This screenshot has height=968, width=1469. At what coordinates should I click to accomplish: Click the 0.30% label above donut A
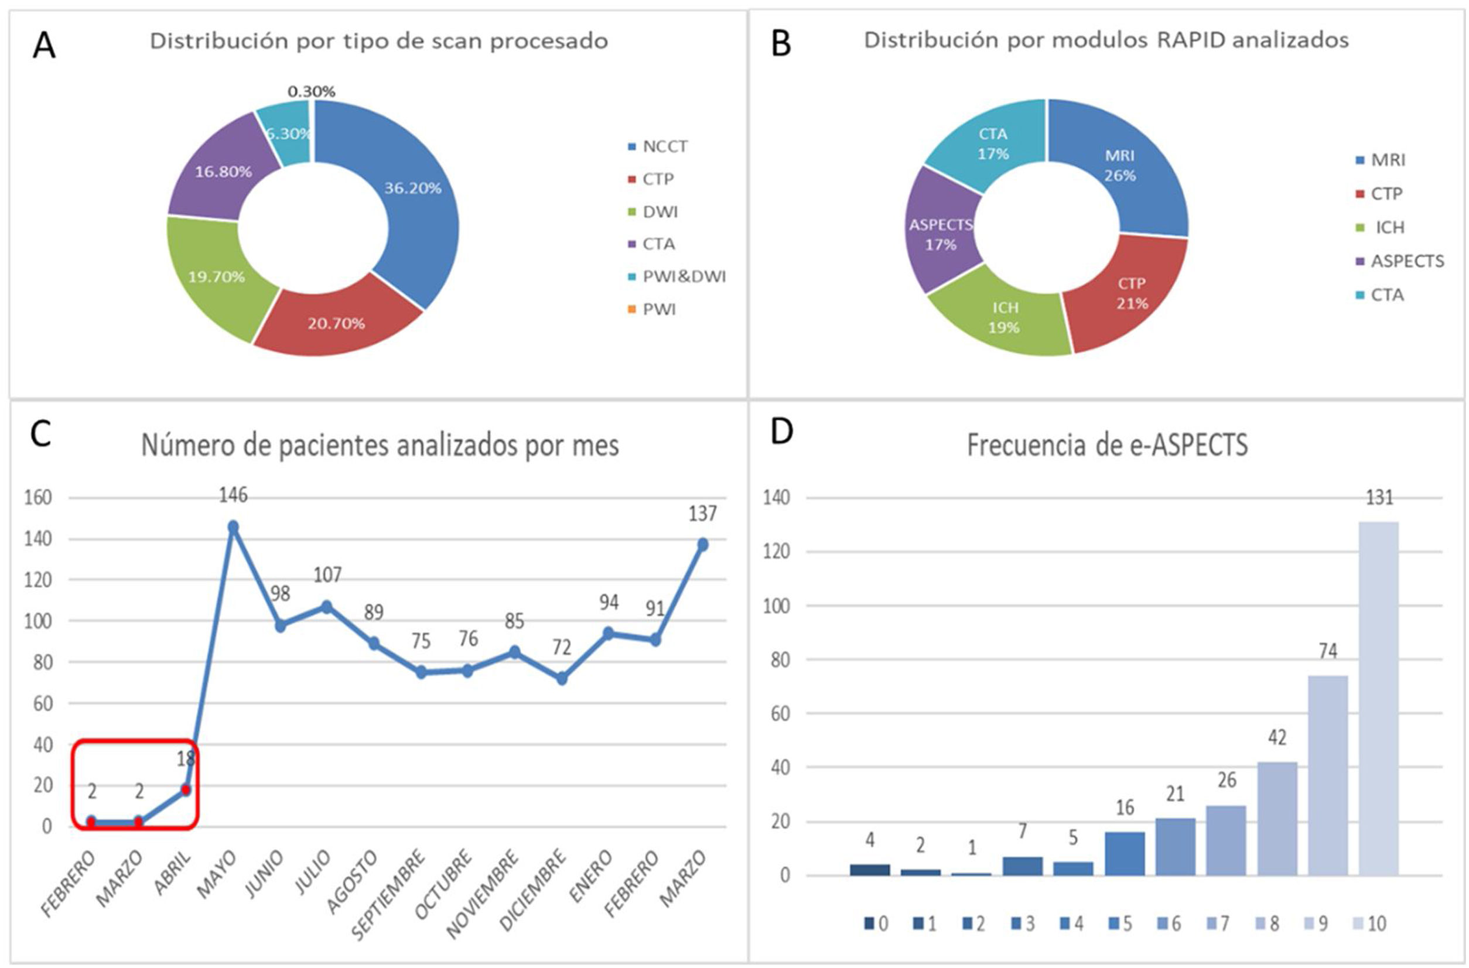(x=311, y=92)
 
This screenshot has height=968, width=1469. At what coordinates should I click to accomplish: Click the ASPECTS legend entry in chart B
(x=1407, y=261)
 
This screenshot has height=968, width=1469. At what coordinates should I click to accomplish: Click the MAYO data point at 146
(x=233, y=527)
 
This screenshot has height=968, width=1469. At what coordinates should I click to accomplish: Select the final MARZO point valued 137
(x=703, y=545)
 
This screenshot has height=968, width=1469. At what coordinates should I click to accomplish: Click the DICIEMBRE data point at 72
(x=562, y=679)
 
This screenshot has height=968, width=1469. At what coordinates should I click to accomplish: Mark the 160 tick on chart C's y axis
(x=38, y=498)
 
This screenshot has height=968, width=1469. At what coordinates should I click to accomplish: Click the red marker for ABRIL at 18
(x=186, y=789)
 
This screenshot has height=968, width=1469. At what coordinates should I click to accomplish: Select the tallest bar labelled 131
(x=1379, y=697)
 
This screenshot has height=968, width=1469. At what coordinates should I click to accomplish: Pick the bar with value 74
(x=1328, y=775)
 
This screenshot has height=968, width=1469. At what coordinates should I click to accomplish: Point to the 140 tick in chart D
(x=776, y=498)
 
